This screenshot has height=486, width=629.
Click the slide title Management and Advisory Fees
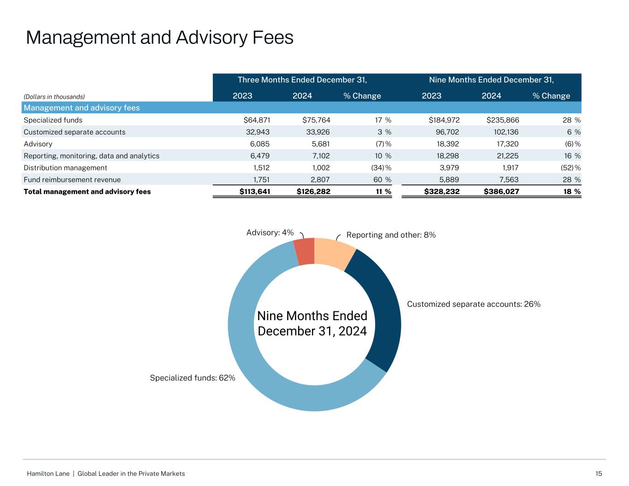[x=159, y=37]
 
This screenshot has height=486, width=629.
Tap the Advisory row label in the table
[x=38, y=144]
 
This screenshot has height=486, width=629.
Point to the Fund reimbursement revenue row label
[x=72, y=180]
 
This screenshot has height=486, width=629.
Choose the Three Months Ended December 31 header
[x=302, y=80]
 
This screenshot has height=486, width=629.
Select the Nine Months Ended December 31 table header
[x=491, y=80]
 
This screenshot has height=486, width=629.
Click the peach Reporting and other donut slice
[x=334, y=254]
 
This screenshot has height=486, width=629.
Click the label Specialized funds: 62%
[x=193, y=378]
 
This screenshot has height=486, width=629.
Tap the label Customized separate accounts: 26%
[x=474, y=304]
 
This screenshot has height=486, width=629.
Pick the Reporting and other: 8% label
[x=391, y=235]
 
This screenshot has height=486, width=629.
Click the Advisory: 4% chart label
[x=270, y=233]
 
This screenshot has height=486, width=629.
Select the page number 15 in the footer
[x=599, y=474]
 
